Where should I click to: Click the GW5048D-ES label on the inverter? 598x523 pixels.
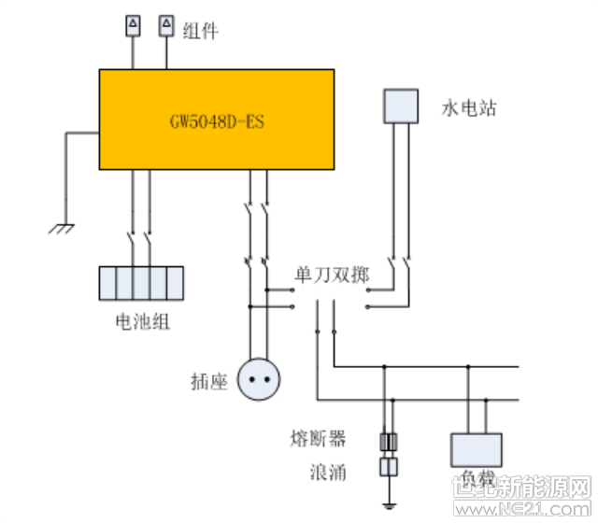(217, 122)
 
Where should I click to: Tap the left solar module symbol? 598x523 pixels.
(133, 25)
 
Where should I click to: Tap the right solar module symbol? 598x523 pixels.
(166, 25)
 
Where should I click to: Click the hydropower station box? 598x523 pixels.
(401, 105)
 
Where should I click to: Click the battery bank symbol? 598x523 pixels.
(140, 283)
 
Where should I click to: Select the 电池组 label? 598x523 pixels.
(141, 323)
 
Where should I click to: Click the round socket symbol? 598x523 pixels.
(259, 380)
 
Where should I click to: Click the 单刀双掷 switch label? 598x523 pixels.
(332, 276)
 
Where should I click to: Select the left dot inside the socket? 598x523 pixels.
(251, 380)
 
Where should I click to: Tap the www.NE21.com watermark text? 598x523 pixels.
(527, 508)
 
